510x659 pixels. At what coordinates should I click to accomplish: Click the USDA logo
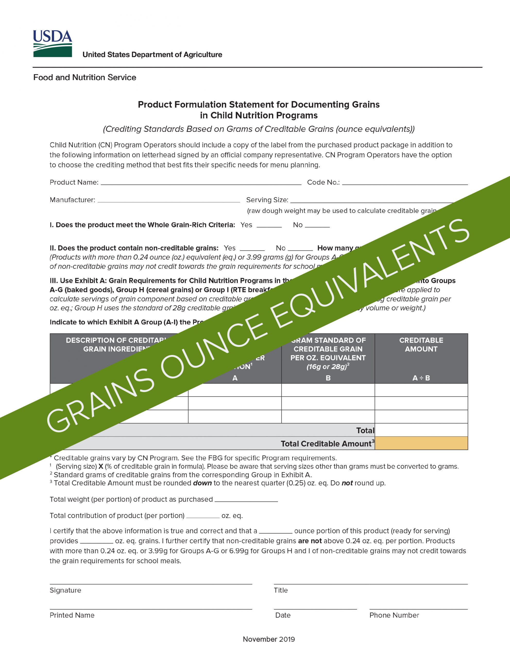tap(53, 44)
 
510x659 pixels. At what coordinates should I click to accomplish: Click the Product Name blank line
tap(201, 183)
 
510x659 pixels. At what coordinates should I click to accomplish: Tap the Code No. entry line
tap(405, 183)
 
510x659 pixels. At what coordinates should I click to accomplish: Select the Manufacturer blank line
tap(168, 200)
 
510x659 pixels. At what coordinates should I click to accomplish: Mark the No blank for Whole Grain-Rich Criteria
tap(317, 226)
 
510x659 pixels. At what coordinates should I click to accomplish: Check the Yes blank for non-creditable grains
tap(252, 249)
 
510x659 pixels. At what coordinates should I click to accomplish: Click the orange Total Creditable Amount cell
tap(421, 443)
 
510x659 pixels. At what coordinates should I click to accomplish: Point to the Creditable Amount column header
tap(421, 345)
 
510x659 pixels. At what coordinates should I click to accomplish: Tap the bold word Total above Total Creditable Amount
tap(365, 430)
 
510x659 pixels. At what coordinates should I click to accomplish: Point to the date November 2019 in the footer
tap(269, 639)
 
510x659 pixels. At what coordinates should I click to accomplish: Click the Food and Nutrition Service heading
tap(84, 77)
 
